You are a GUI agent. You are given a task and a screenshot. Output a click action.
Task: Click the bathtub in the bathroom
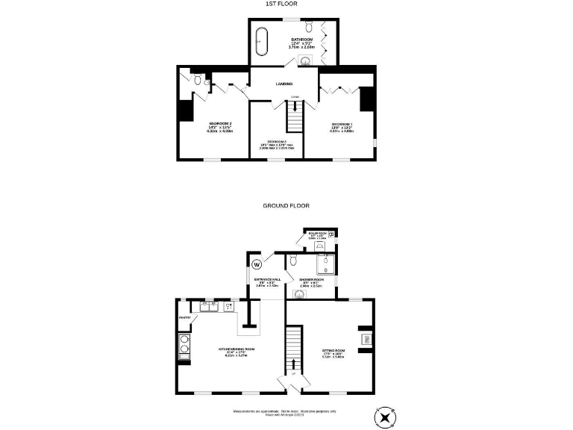pos(261,41)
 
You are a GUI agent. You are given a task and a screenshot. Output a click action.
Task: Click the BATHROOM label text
pos(303,39)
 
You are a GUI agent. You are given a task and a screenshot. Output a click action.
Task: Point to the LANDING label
pos(284,84)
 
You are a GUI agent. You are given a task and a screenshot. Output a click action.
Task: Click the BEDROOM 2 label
pos(220,123)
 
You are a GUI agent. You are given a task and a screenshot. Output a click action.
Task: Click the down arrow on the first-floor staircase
pos(295,107)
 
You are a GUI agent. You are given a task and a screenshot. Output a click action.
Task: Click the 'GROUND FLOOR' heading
pos(286,205)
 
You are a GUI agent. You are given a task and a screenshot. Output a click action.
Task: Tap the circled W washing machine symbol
pos(257,264)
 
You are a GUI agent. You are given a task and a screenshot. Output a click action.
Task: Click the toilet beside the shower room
pos(295,260)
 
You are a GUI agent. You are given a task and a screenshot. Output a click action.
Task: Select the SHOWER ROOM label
pos(310,280)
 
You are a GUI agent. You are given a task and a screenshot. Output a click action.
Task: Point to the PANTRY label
pos(185,317)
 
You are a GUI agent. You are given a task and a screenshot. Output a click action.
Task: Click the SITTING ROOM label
pos(334,350)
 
